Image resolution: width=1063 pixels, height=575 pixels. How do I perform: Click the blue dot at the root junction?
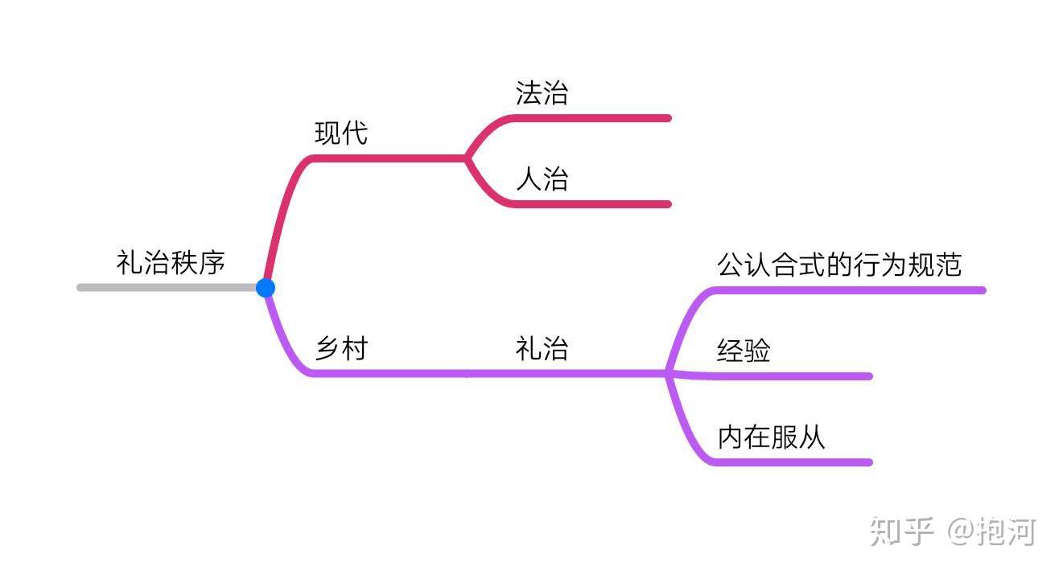click(266, 288)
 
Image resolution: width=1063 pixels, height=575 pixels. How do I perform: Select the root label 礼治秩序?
click(171, 262)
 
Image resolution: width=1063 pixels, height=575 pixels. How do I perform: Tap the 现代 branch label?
click(341, 133)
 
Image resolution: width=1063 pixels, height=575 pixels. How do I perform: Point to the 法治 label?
click(542, 92)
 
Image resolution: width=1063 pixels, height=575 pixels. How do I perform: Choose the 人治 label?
click(542, 179)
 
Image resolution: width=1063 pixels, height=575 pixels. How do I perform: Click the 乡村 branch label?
click(341, 348)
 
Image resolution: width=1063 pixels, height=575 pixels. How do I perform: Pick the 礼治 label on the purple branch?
click(542, 348)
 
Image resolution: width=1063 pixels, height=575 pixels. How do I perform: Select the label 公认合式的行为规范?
click(839, 265)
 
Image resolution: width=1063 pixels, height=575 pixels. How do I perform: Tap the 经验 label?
click(744, 351)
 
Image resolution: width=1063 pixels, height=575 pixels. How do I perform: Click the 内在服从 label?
click(771, 437)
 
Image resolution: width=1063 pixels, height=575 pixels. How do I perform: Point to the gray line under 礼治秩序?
click(167, 288)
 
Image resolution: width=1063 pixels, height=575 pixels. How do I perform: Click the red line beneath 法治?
click(591, 118)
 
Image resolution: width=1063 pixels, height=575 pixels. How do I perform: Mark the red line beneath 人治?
click(591, 204)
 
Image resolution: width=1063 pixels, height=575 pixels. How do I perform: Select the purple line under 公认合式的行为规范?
click(850, 290)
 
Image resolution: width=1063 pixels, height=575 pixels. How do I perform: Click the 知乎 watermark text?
click(901, 532)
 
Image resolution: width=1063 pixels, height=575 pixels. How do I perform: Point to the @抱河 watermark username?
click(992, 532)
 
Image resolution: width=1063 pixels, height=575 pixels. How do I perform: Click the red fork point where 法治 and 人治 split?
click(467, 158)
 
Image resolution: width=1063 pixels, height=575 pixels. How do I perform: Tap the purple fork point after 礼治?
click(668, 374)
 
